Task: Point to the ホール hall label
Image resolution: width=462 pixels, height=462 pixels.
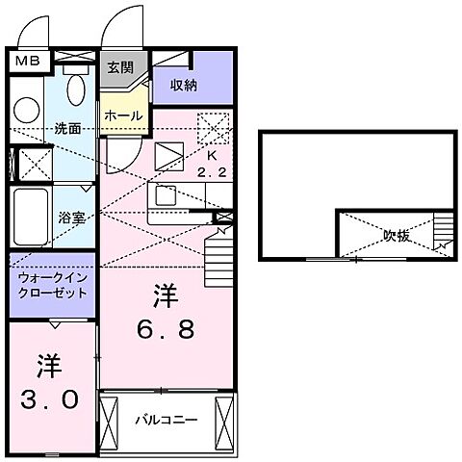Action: tap(124, 115)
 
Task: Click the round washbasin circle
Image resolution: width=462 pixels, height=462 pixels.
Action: tap(28, 109)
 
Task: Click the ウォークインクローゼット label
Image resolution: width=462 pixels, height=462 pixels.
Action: tap(52, 285)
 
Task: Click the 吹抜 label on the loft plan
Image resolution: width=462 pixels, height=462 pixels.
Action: tap(396, 235)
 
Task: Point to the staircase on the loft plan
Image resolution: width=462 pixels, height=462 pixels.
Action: tap(442, 232)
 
